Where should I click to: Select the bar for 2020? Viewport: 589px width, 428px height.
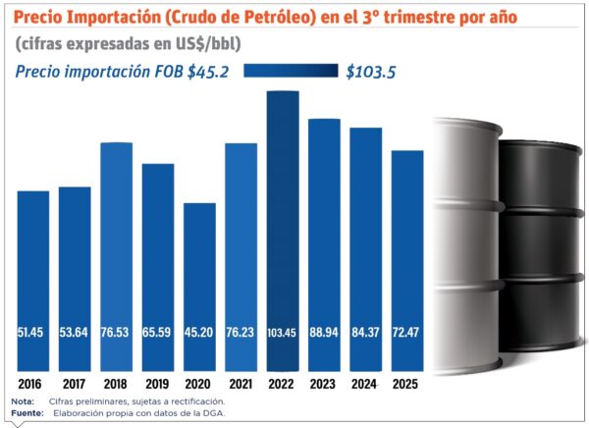(x=199, y=285)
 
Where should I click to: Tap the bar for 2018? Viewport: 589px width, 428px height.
(x=116, y=254)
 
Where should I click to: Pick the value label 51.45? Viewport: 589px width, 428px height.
(x=32, y=334)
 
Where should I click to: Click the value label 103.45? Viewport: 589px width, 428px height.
(x=282, y=334)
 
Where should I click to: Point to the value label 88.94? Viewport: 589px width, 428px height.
(x=324, y=334)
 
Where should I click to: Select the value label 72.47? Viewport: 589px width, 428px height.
(x=407, y=334)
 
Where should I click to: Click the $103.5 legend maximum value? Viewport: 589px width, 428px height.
(x=370, y=71)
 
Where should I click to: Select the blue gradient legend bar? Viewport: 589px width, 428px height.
(x=291, y=71)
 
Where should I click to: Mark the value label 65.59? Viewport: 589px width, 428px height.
(x=157, y=334)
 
